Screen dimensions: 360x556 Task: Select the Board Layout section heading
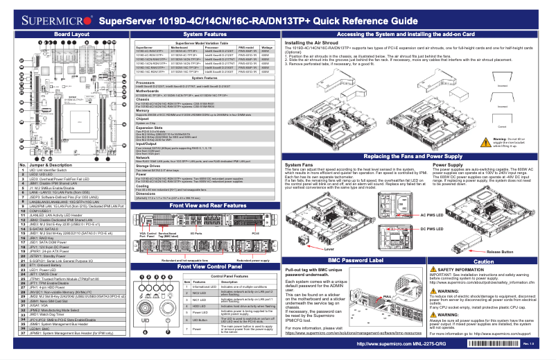pos(71,33)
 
